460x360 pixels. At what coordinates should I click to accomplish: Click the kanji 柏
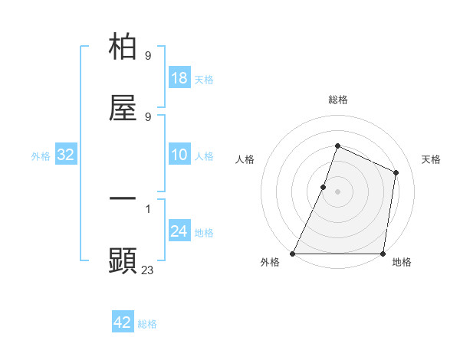(x=123, y=47)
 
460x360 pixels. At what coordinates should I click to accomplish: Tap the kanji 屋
(x=123, y=108)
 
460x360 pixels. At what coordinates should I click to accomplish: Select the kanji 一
(x=123, y=199)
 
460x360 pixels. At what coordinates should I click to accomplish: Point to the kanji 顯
(x=123, y=260)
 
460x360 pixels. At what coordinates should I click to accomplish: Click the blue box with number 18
(x=179, y=78)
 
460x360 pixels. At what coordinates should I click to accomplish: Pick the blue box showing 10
(x=179, y=155)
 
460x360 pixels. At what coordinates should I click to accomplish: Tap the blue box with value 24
(x=179, y=232)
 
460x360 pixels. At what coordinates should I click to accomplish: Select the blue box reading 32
(x=66, y=155)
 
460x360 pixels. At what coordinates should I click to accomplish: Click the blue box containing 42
(x=123, y=322)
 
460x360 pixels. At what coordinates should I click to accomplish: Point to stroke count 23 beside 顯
(x=148, y=269)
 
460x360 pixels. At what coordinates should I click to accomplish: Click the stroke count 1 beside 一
(x=148, y=208)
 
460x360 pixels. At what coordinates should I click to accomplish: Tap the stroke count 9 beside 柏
(x=148, y=56)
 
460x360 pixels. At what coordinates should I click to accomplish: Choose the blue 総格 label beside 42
(x=147, y=324)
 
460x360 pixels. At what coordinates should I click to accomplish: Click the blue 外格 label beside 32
(x=41, y=156)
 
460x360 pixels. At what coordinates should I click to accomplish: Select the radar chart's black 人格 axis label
(x=245, y=159)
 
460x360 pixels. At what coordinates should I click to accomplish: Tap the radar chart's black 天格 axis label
(x=431, y=159)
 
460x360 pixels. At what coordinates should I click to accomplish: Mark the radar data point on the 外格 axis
(x=293, y=254)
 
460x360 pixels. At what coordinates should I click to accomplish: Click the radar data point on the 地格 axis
(x=383, y=254)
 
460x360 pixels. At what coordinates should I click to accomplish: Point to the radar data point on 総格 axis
(x=337, y=146)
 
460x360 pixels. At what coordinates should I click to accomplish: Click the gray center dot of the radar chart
(x=337, y=191)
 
